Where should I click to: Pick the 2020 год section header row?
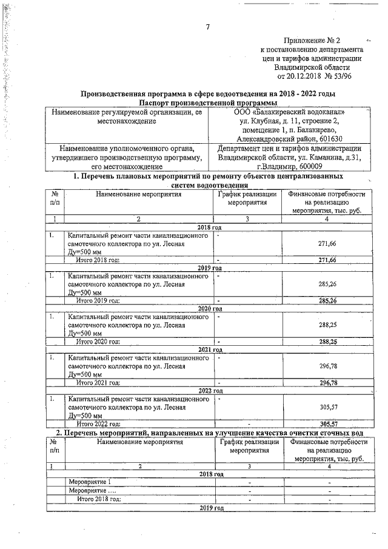tap(210, 309)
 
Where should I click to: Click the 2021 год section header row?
tap(210, 349)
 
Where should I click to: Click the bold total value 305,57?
tap(327, 423)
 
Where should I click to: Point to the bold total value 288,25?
tap(327, 342)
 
